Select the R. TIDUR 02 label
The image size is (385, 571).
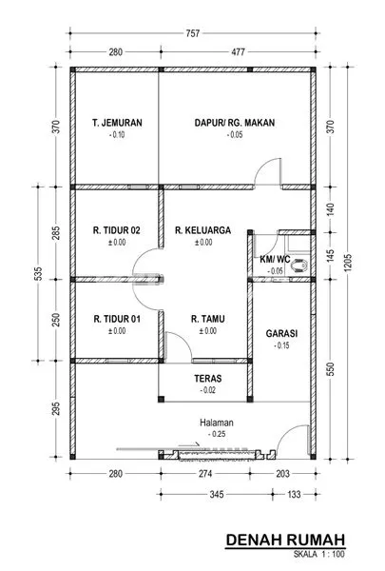coord(117,229)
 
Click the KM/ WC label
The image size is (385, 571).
coord(275,259)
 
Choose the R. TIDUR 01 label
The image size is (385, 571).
coord(117,319)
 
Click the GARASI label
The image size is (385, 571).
coord(281,334)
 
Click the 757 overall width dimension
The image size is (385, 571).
coord(194,32)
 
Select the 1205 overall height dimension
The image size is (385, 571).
coord(349,260)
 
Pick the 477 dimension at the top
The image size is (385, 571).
coord(236,53)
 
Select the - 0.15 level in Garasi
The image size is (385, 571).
coord(281,347)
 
